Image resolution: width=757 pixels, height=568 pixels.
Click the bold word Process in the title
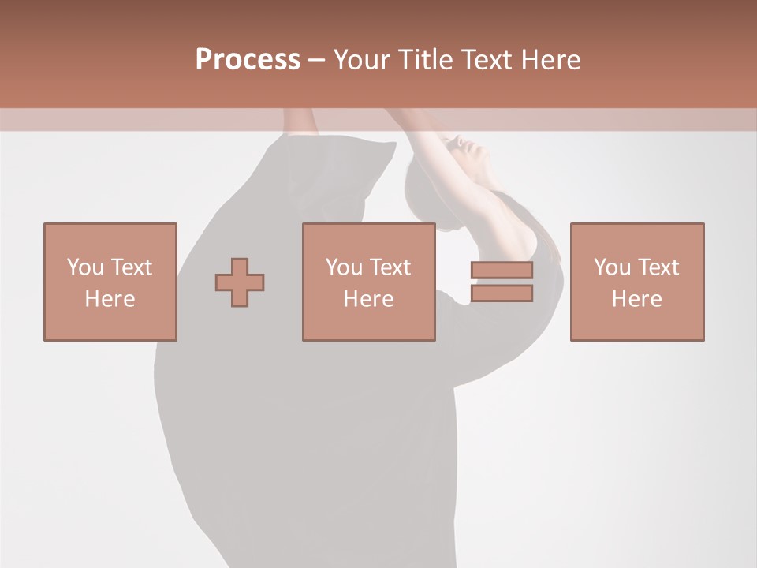248,60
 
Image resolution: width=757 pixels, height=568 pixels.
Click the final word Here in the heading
551,60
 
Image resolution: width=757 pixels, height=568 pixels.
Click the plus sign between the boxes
240,282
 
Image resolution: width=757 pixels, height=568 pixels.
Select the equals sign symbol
502,282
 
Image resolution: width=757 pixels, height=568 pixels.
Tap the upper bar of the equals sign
502,271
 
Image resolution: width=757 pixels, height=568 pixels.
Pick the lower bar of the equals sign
502,293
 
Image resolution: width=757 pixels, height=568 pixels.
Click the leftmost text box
110,282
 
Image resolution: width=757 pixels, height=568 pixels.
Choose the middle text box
368,282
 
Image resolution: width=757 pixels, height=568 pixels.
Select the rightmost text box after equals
636,282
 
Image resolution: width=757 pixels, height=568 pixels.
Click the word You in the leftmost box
84,267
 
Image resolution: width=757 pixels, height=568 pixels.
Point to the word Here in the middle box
368,299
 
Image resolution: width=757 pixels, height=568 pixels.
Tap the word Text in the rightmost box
657,267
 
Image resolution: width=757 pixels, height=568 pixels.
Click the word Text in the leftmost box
130,267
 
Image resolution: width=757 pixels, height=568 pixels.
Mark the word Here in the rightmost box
636,299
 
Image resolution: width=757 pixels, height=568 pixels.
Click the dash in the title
316,60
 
